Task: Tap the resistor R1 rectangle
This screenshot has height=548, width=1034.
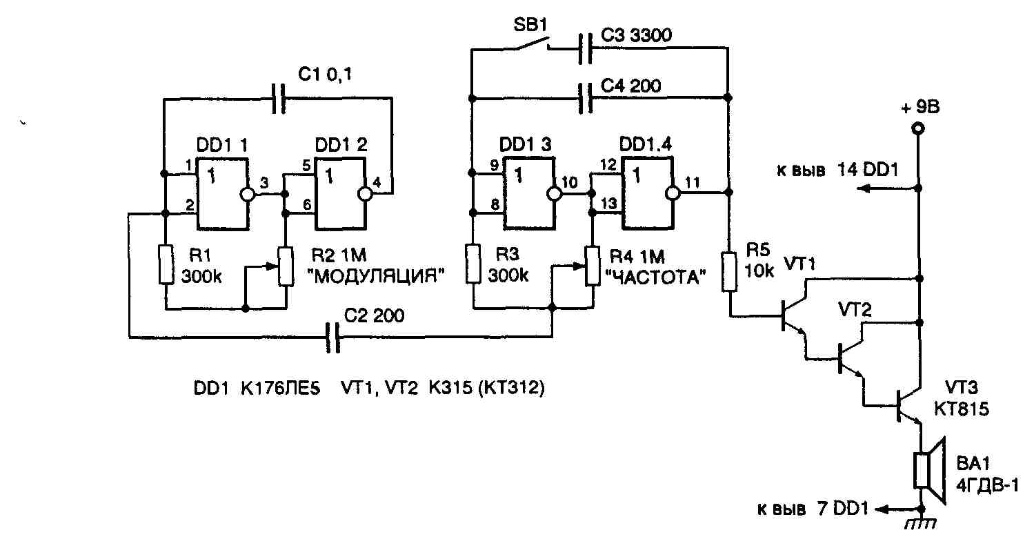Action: click(166, 263)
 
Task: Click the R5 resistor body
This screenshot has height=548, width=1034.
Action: click(728, 271)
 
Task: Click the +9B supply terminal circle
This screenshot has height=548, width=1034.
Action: click(917, 128)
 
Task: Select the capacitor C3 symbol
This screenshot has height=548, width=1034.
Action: click(585, 47)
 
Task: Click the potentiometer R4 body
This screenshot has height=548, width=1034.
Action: click(591, 265)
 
